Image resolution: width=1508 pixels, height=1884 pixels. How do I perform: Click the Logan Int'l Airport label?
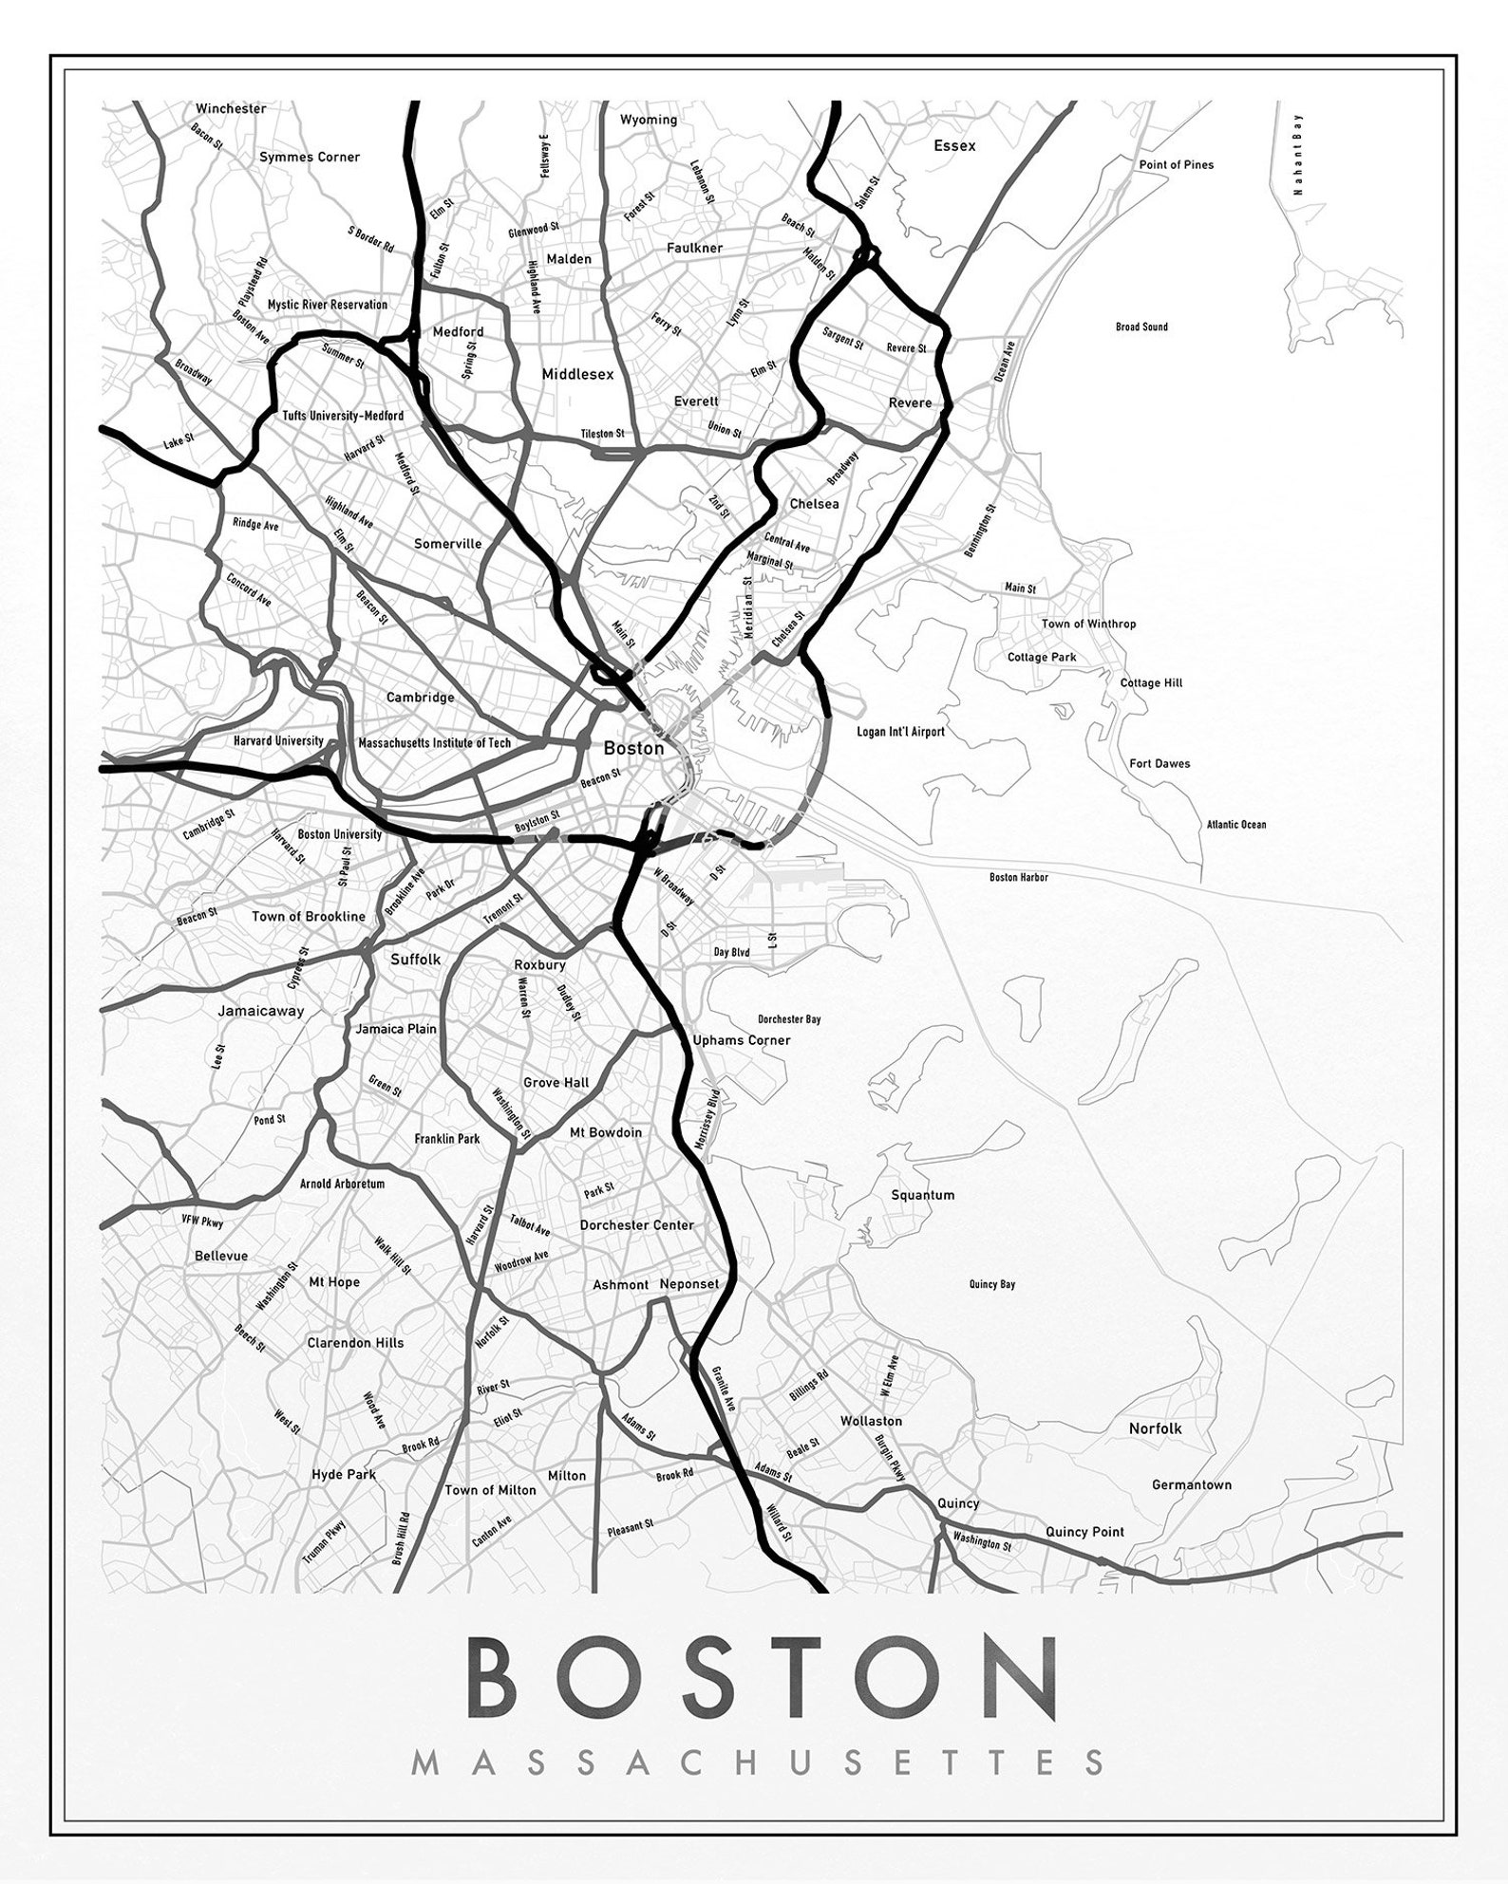click(x=900, y=732)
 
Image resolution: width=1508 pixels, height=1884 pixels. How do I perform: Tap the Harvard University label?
click(x=278, y=740)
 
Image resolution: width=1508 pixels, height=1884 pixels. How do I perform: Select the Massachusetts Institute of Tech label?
click(x=434, y=743)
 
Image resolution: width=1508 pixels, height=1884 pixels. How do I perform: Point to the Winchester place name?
click(x=231, y=108)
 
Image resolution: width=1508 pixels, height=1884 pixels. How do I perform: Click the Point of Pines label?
click(x=1176, y=164)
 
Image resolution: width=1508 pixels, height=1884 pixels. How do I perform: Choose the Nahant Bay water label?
click(x=1297, y=154)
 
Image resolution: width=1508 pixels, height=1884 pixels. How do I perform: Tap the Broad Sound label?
click(x=1141, y=326)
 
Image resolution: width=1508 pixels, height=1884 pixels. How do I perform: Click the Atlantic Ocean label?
click(x=1236, y=825)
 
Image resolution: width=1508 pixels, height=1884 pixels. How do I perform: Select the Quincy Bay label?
click(x=991, y=1284)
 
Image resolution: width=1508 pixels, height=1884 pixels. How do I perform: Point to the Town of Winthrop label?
click(x=1088, y=624)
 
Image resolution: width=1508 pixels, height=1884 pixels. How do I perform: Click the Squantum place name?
click(x=922, y=1195)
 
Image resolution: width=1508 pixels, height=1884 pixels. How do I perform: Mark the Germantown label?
click(x=1191, y=1484)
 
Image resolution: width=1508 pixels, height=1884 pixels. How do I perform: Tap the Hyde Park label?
click(x=344, y=1474)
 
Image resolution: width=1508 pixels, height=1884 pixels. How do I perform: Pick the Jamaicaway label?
click(x=261, y=1011)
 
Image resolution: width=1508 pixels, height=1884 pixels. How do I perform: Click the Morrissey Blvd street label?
click(x=707, y=1120)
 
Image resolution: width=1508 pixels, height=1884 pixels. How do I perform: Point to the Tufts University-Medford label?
click(x=343, y=416)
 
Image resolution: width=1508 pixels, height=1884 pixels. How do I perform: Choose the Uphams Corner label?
click(x=742, y=1039)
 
